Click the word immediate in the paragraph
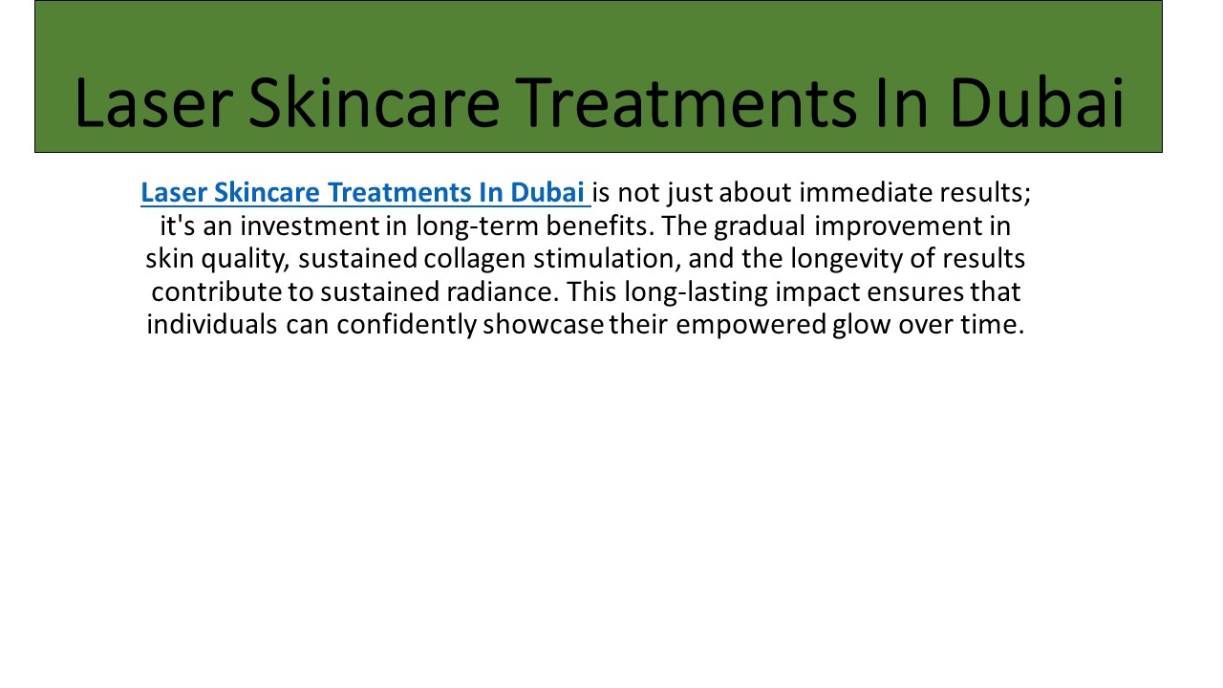(x=852, y=193)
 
